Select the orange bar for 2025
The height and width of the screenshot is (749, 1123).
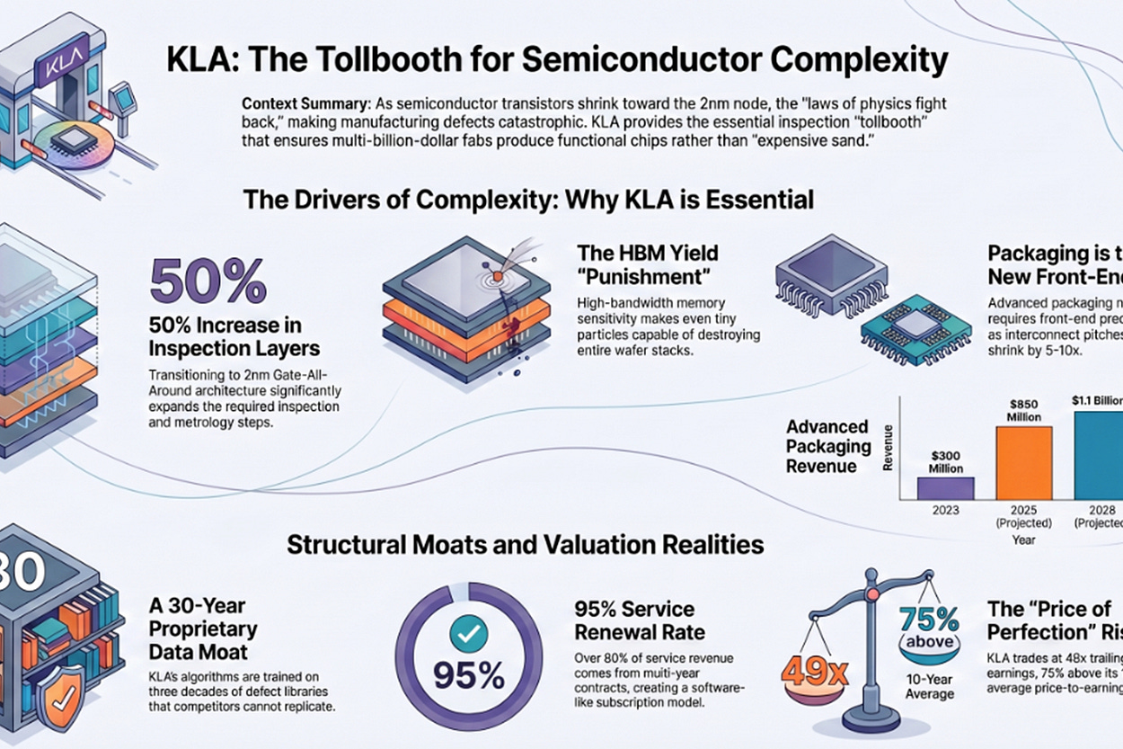1023,462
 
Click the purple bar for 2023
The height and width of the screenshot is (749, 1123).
945,487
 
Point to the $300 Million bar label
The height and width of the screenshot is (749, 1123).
945,461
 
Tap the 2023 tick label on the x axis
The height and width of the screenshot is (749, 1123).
945,510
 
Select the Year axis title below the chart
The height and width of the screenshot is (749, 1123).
1023,540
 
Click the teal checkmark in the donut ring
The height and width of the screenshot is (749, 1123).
468,635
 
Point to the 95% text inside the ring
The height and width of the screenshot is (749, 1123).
468,674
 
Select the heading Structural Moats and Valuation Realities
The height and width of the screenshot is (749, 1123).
526,544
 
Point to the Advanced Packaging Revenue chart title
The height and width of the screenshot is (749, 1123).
827,446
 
